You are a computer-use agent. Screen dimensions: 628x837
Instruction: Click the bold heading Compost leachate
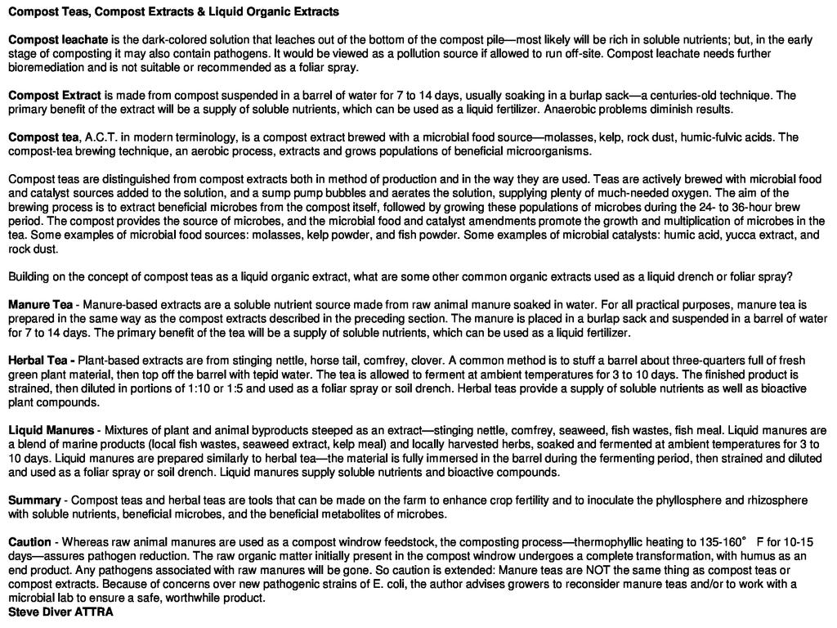pos(58,39)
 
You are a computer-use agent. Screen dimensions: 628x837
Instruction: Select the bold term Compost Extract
pos(55,95)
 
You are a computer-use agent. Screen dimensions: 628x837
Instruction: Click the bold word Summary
pos(34,500)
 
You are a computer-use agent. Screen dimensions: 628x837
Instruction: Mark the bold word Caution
pos(29,542)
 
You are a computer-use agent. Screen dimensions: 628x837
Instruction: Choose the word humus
pos(754,556)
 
